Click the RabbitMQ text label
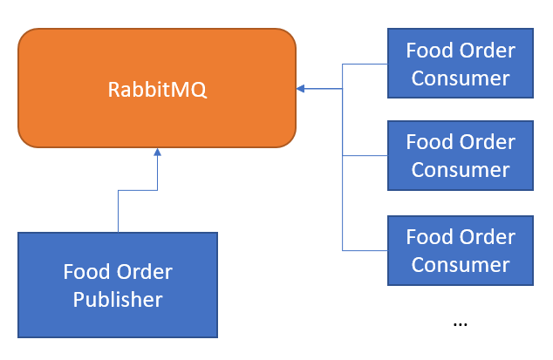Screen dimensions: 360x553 pyautogui.click(x=157, y=89)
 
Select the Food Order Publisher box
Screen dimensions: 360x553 pyautogui.click(x=118, y=284)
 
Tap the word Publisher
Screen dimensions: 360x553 pyautogui.click(x=118, y=300)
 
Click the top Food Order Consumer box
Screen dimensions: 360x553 pyautogui.click(x=461, y=63)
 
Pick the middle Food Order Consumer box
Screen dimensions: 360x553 pyautogui.click(x=461, y=155)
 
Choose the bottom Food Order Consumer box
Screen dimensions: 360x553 pyautogui.click(x=461, y=250)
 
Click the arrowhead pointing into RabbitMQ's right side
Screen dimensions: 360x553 pyautogui.click(x=300, y=88)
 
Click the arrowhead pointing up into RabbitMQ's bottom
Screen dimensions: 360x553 pyautogui.click(x=157, y=153)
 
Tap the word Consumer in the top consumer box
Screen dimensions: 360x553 pyautogui.click(x=461, y=78)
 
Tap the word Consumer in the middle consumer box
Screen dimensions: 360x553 pyautogui.click(x=461, y=169)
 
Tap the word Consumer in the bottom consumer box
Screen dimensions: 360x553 pyautogui.click(x=461, y=264)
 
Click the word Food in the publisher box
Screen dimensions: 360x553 pyautogui.click(x=84, y=272)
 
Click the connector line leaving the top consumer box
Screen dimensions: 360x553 pyautogui.click(x=366, y=64)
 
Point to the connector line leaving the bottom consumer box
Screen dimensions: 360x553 pyautogui.click(x=366, y=250)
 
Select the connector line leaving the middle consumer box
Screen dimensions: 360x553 pyautogui.click(x=366, y=155)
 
